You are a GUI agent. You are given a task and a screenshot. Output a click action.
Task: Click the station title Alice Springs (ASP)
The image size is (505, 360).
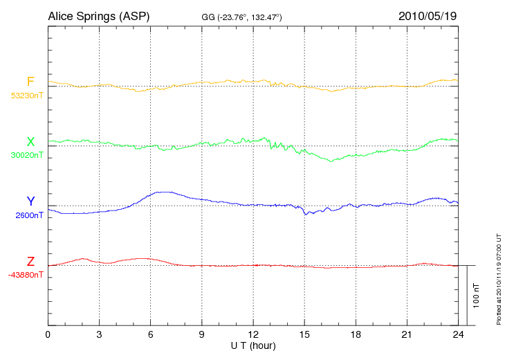[x=98, y=15]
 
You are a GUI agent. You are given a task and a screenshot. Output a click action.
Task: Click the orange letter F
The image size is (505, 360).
[x=30, y=82]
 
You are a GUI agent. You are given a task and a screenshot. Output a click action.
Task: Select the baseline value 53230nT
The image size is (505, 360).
[x=27, y=96]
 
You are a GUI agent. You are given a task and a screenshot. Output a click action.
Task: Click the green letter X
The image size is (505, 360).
[x=30, y=142]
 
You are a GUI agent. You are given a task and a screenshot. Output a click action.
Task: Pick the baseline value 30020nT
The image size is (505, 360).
[x=27, y=155]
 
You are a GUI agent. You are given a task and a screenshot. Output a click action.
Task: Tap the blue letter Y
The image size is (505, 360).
[x=30, y=201]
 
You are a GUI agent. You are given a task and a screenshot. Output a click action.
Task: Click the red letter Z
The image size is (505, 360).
[x=30, y=262]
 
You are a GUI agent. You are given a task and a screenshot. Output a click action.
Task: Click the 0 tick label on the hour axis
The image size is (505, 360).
[x=48, y=334]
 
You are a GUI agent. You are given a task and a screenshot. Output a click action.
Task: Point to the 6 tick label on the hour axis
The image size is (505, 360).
[x=150, y=334]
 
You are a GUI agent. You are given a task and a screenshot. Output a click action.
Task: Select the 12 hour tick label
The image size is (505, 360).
[x=252, y=334]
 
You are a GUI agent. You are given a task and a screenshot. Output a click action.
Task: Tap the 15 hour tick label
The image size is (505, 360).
[x=304, y=334]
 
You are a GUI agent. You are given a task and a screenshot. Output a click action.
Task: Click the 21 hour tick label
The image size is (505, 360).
[x=406, y=334]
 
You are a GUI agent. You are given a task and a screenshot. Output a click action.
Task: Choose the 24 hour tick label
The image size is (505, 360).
[x=457, y=334]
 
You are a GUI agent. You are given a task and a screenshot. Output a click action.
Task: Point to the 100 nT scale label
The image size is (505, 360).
[x=476, y=295]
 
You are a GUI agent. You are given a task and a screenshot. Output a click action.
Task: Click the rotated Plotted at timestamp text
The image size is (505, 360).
[x=498, y=278]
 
